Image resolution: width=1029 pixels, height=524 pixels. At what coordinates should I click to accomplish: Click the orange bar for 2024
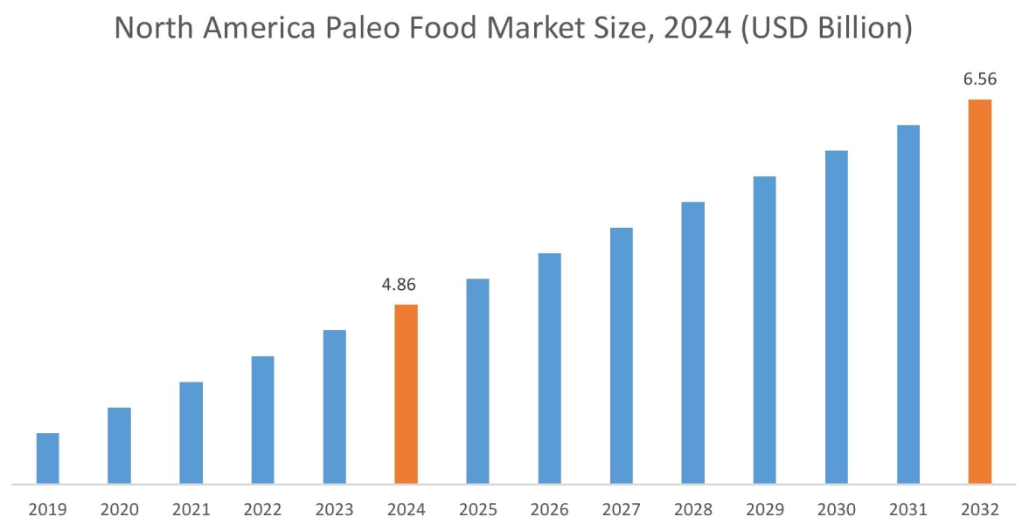point(406,393)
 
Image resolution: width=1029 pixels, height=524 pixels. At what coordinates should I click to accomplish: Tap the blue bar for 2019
point(47,458)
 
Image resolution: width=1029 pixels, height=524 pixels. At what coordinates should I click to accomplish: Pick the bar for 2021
point(191,432)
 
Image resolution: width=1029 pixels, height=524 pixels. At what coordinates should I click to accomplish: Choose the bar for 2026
point(549,368)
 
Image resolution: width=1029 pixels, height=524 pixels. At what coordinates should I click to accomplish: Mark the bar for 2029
point(764,329)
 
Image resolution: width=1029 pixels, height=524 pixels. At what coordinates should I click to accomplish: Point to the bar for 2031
point(908,304)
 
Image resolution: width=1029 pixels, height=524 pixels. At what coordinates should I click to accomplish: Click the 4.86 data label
point(405,286)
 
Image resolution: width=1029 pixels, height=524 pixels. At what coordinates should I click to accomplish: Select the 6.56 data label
point(980,79)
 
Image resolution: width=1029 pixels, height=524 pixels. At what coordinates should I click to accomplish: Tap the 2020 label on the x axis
point(119,509)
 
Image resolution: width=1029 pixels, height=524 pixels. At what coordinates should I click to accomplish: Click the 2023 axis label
point(334,509)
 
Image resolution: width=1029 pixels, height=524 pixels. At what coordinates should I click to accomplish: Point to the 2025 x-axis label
point(477,509)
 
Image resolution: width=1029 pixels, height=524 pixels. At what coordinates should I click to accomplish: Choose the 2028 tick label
point(692,509)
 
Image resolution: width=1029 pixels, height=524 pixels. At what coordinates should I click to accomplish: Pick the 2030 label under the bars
point(837,509)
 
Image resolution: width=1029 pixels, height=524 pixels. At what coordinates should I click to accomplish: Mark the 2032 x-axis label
point(980,509)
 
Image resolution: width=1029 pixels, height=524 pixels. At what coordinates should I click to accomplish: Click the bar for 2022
point(262,419)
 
